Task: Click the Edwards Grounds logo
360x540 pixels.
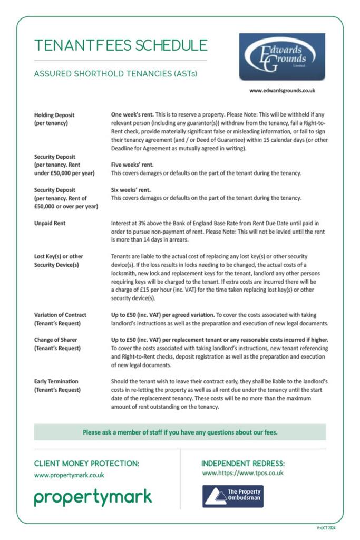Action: (x=282, y=56)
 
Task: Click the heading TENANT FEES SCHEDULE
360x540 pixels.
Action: (x=121, y=45)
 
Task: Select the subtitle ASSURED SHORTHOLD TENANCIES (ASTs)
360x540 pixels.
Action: (x=115, y=74)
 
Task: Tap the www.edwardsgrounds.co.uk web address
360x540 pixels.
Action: (x=282, y=90)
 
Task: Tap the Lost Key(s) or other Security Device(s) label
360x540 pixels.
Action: (x=59, y=261)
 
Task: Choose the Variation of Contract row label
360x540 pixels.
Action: (x=60, y=319)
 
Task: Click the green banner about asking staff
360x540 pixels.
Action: (x=180, y=432)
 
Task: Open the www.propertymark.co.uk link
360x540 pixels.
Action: (x=69, y=475)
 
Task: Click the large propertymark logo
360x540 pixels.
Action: (x=93, y=497)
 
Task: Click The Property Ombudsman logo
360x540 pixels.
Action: (x=232, y=496)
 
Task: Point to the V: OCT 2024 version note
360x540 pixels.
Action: (x=326, y=527)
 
